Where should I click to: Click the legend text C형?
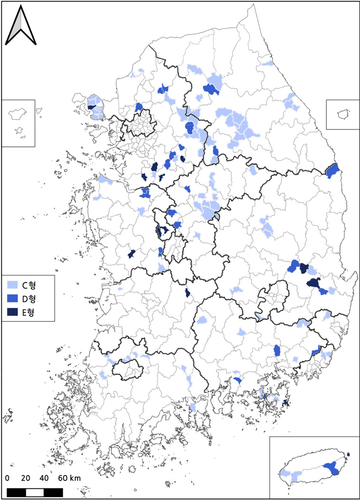pos(29,286)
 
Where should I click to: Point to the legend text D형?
pos(29,299)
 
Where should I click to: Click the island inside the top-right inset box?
pos(342,114)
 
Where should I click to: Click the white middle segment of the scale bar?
pos(35,492)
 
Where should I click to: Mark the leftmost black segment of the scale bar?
pos(16,492)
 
